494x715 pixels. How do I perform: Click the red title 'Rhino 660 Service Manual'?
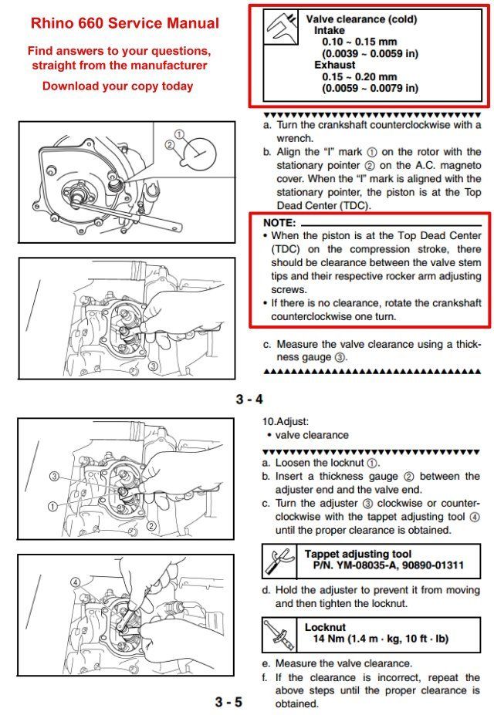coord(124,24)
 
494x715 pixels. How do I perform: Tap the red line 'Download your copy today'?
coord(117,86)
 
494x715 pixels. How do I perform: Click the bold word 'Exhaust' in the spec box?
coord(335,65)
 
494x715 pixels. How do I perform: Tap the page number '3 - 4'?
coord(249,399)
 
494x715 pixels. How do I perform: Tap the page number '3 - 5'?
coord(228,702)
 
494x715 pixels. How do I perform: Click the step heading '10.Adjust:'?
coord(286,422)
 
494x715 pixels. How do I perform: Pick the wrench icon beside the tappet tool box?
coord(278,560)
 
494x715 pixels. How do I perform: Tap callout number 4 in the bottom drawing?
coord(76,582)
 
